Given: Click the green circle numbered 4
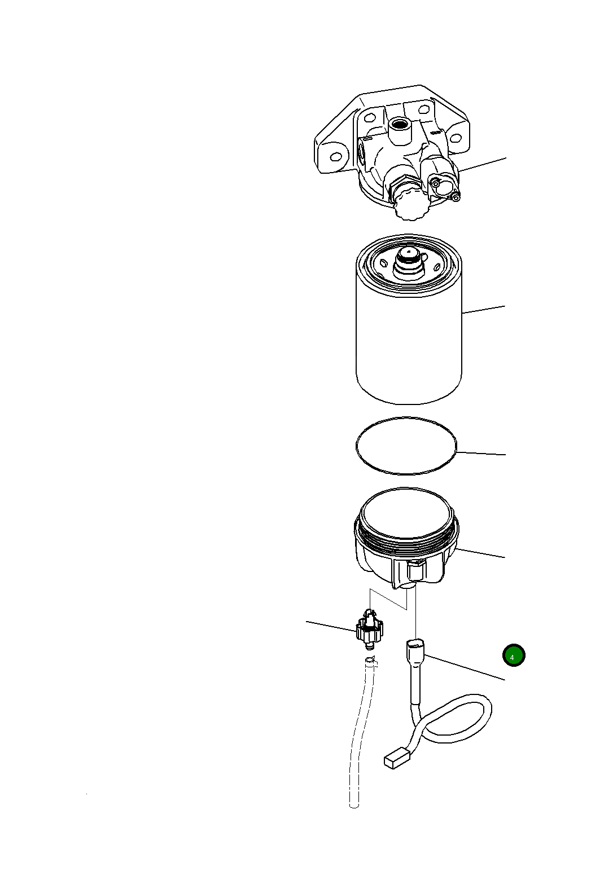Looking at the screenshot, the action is pyautogui.click(x=513, y=655).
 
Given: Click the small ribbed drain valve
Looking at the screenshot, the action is pyautogui.click(x=369, y=631).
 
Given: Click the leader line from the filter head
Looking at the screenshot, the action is pyautogui.click(x=483, y=164).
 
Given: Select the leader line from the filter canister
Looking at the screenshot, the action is pyautogui.click(x=483, y=310).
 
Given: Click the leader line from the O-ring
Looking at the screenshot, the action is pyautogui.click(x=481, y=454).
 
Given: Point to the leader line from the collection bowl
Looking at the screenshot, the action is pyautogui.click(x=480, y=553).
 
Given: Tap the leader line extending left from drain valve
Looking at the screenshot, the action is pyautogui.click(x=331, y=626).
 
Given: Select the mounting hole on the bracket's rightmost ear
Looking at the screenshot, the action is pyautogui.click(x=456, y=138).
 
